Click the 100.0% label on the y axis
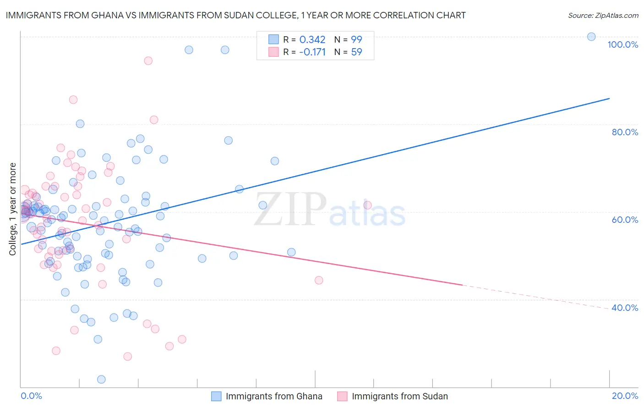[x=622, y=44]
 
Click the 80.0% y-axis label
[x=625, y=132]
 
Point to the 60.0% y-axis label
[x=625, y=220]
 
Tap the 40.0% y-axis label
[x=625, y=308]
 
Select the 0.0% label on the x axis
[x=31, y=396]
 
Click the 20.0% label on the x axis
[x=625, y=396]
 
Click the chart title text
[x=235, y=15]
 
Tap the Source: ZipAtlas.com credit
[x=603, y=16]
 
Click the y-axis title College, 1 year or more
[x=13, y=209]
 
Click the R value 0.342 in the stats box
[x=312, y=40]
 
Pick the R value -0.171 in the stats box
[x=312, y=52]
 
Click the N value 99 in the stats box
[x=356, y=40]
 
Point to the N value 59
[x=356, y=52]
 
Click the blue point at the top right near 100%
[x=591, y=37]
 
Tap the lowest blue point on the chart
[x=101, y=379]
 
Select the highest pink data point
[x=148, y=61]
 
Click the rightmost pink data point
[x=367, y=205]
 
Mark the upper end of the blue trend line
[x=609, y=99]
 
